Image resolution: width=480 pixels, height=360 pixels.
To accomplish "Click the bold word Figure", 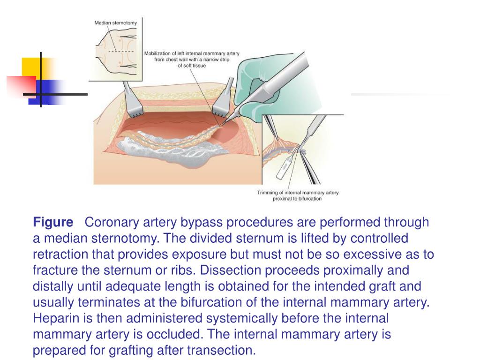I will (x=53, y=222).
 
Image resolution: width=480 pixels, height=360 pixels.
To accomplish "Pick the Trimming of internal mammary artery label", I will (x=298, y=195).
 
